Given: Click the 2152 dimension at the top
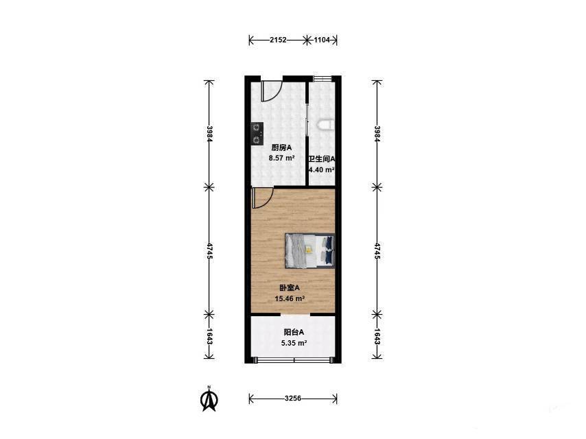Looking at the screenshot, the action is click(278, 40).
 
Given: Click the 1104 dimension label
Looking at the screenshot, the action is click(322, 40).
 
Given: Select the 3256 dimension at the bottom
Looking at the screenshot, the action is click(293, 399).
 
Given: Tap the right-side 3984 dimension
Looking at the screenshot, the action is click(377, 133).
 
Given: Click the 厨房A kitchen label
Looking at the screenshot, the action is click(281, 147).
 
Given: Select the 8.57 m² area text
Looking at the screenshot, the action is click(282, 158).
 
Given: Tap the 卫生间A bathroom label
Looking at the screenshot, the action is click(321, 158).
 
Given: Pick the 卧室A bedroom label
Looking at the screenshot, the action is click(290, 288).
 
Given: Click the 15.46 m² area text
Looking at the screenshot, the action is click(290, 298).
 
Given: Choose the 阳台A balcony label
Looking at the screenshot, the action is click(294, 332).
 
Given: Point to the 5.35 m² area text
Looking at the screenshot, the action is click(294, 342).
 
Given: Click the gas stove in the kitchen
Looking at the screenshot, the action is click(257, 134).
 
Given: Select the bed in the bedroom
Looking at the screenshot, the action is click(309, 251).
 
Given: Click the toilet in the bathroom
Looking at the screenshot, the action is click(326, 125).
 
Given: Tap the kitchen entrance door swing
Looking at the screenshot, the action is click(271, 91).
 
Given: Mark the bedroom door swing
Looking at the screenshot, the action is click(262, 199).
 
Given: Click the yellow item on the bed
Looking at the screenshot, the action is click(309, 249).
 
